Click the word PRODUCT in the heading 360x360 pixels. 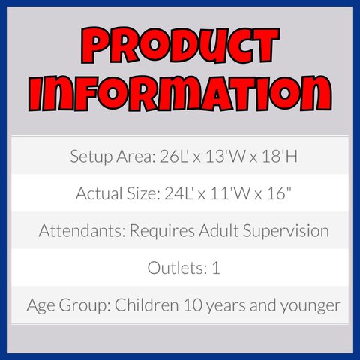pyautogui.click(x=180, y=46)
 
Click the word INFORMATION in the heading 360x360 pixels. pyautogui.click(x=180, y=93)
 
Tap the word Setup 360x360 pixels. pyautogui.click(x=91, y=157)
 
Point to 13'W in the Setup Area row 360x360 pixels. pyautogui.click(x=222, y=157)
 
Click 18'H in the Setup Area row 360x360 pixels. pyautogui.click(x=280, y=157)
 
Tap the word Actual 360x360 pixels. pyautogui.click(x=99, y=193)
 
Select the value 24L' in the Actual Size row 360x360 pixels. pyautogui.click(x=178, y=193)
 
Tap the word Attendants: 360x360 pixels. pyautogui.click(x=82, y=230)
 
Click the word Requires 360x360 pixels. pyautogui.click(x=162, y=232)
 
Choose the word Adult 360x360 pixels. pyautogui.click(x=218, y=230)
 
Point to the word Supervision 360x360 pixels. pyautogui.click(x=286, y=232)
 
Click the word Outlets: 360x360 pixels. pyautogui.click(x=177, y=268)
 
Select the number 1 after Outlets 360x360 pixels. pyautogui.click(x=216, y=268)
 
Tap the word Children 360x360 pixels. pyautogui.click(x=146, y=304)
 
